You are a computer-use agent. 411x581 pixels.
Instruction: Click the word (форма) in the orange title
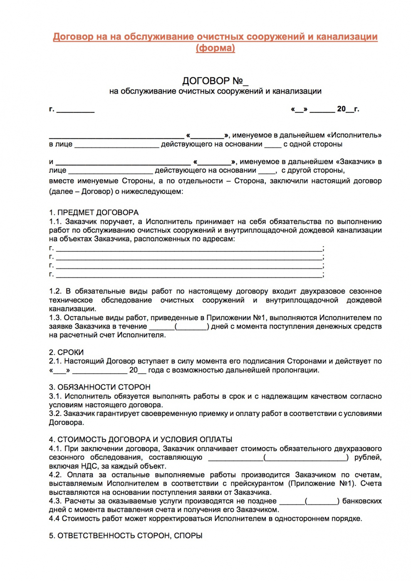pos(215,48)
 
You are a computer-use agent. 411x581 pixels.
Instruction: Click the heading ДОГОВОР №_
pos(215,81)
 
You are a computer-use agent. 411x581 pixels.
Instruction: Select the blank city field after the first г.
pos(75,110)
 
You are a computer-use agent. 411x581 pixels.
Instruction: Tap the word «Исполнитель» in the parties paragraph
pos(354,135)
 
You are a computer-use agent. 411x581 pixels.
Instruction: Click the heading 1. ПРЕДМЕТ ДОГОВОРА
pos(94,213)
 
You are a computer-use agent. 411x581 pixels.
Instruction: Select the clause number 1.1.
pos(55,222)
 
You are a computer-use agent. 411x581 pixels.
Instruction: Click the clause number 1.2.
pos(55,292)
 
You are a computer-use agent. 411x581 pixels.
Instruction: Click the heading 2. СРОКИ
pos(66,352)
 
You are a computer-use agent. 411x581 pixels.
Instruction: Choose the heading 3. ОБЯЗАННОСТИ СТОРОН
pos(99,387)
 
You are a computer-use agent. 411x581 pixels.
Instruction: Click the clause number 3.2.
pos(55,414)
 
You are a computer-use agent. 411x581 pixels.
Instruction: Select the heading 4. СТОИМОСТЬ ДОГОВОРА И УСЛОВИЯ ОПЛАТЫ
pos(141,440)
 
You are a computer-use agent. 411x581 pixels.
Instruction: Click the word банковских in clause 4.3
pos(362,501)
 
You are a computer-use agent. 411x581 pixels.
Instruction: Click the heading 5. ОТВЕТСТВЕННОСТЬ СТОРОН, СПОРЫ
pos(126,536)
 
